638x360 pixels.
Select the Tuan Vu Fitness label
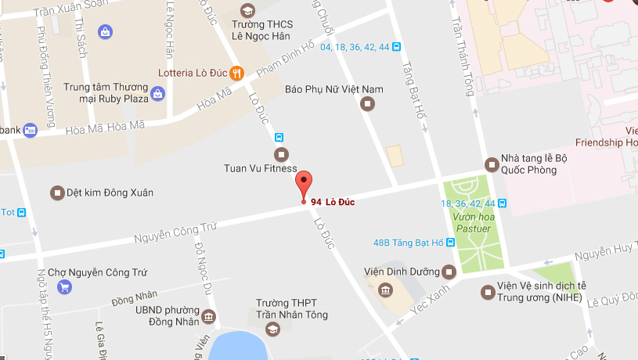click(261, 168)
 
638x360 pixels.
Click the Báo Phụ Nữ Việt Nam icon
click(368, 104)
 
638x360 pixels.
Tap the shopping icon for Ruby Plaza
click(157, 94)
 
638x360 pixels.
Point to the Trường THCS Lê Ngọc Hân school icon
click(247, 11)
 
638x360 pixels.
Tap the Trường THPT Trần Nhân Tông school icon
click(272, 329)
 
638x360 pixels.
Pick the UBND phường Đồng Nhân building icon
click(208, 316)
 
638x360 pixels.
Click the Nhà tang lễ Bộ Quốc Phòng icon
click(492, 164)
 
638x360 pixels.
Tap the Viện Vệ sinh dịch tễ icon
click(488, 293)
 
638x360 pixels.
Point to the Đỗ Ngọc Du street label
click(199, 265)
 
